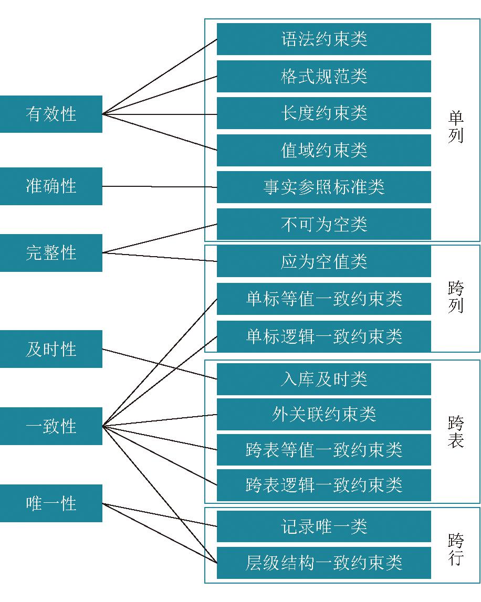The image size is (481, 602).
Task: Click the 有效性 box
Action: click(51, 114)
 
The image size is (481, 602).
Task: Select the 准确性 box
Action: click(51, 186)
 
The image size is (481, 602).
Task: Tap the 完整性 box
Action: click(51, 252)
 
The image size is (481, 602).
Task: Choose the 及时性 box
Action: click(51, 349)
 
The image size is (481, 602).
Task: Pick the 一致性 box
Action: click(51, 426)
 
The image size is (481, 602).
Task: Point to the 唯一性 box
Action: click(51, 503)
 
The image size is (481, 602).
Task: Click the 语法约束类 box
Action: click(324, 39)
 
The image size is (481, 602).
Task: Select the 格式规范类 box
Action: click(324, 77)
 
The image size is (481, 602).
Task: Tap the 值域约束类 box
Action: click(324, 150)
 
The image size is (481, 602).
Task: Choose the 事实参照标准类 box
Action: click(324, 187)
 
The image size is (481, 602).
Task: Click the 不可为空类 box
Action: click(324, 224)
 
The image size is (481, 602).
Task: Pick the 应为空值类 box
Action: click(324, 261)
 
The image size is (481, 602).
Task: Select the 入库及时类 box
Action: click(324, 379)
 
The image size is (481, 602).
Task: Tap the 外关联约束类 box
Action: click(324, 414)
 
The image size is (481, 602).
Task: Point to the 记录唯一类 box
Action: click(324, 526)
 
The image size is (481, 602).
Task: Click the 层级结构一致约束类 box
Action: click(324, 563)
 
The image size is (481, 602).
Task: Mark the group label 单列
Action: click(456, 126)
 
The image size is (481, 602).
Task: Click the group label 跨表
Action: click(456, 432)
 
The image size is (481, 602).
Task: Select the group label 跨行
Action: click(456, 549)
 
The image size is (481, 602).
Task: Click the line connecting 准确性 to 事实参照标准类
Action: click(160, 187)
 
